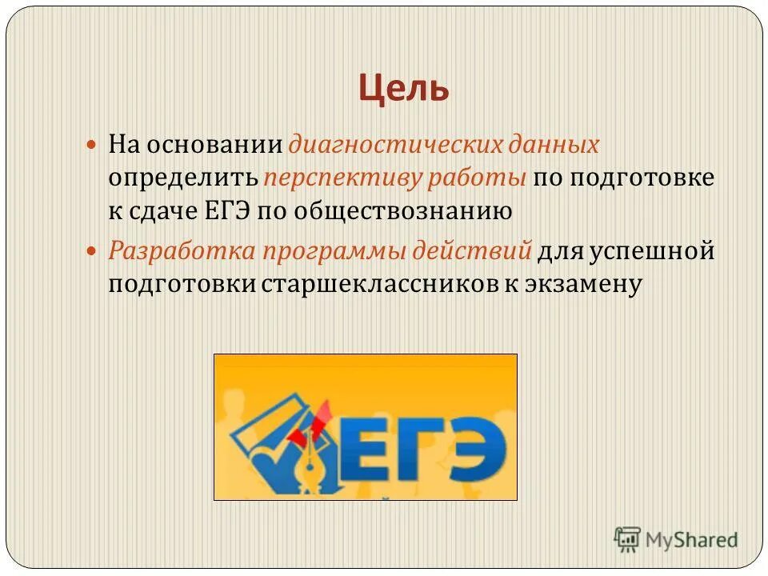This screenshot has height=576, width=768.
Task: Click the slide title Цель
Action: [x=403, y=87]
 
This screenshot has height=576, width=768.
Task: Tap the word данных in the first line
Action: [x=554, y=145]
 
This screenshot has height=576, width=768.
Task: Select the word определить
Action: [x=183, y=178]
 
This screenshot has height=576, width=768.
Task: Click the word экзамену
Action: [x=582, y=284]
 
